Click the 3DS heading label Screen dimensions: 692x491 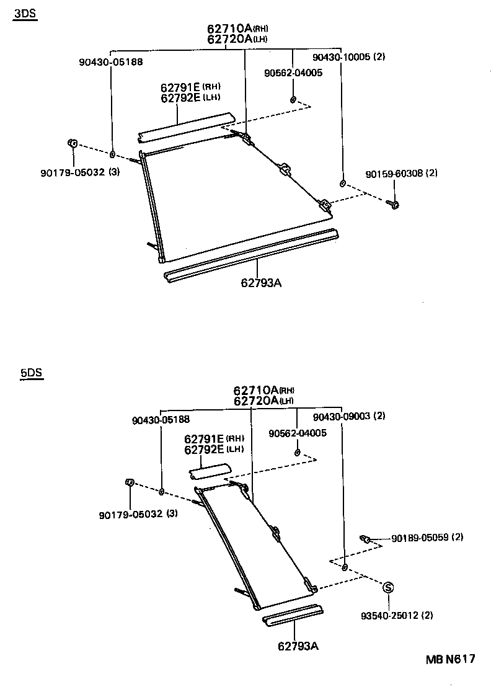(x=25, y=16)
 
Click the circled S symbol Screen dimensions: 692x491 (x=387, y=587)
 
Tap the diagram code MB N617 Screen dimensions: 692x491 (x=450, y=659)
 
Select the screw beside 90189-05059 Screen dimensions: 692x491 (x=366, y=539)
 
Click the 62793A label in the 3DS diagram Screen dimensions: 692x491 (x=261, y=283)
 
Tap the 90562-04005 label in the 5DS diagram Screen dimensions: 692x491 (x=297, y=432)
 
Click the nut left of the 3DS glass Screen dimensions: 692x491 (x=71, y=144)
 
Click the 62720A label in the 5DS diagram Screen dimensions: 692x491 (x=255, y=401)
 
